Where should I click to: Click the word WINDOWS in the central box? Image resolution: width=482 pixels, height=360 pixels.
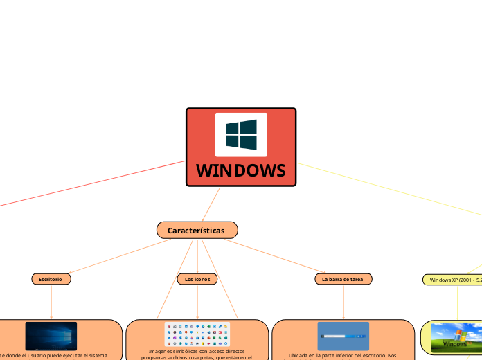coord(240,170)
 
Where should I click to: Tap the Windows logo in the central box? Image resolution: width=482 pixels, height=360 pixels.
coord(241,134)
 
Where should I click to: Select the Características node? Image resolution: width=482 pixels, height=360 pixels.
coord(197,230)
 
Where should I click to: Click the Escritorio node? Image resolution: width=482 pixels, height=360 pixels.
coord(51,279)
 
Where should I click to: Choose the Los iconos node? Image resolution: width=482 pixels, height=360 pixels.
coord(197,279)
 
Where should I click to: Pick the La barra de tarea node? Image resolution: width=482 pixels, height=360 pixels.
coord(343,279)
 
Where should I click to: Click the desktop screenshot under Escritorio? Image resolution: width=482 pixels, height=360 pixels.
coord(51,336)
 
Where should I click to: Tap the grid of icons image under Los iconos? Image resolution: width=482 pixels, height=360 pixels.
coord(197,334)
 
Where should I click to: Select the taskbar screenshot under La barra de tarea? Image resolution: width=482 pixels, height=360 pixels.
coord(343,336)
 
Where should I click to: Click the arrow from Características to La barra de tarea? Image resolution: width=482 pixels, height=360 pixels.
coord(277,256)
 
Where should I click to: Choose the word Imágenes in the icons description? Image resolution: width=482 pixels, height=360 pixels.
coord(161,352)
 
